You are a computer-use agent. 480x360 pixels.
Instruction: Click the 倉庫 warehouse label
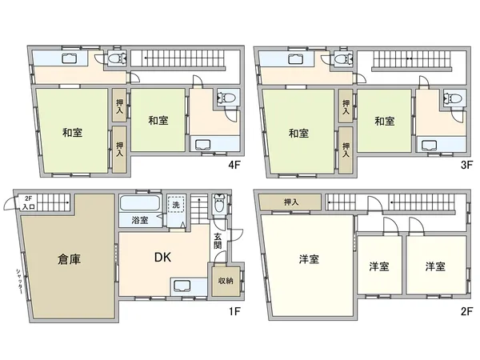tap(69, 259)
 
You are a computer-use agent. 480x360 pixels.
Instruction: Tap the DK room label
tap(165, 258)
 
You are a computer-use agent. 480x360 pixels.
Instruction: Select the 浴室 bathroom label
tap(140, 219)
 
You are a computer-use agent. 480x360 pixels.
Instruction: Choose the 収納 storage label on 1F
tap(218, 280)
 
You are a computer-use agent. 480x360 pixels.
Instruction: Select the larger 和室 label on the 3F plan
tap(299, 132)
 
